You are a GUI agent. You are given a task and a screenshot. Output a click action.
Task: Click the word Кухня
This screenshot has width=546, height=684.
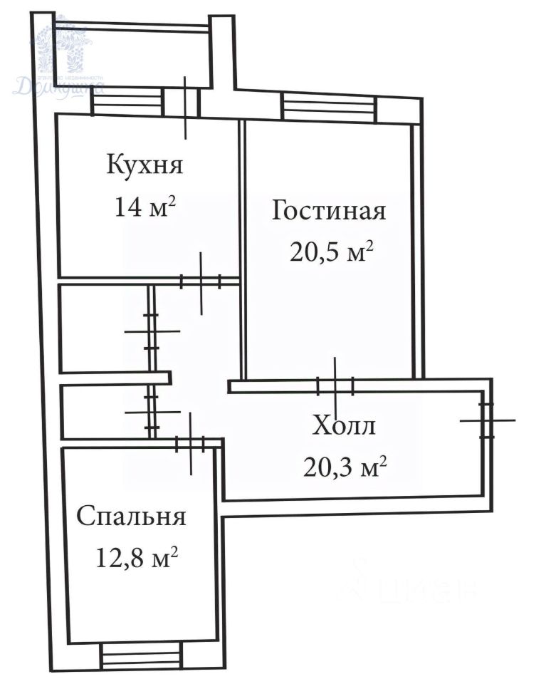tap(145, 165)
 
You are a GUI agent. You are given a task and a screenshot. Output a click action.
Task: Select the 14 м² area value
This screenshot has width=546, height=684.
tap(145, 207)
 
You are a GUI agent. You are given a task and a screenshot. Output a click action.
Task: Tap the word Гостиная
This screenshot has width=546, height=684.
tap(329, 211)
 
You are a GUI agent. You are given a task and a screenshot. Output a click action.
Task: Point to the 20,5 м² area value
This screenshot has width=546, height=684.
tap(332, 252)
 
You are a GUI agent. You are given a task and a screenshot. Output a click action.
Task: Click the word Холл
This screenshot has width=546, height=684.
tap(344, 427)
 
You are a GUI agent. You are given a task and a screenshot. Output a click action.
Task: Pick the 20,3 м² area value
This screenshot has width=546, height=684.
tap(345, 467)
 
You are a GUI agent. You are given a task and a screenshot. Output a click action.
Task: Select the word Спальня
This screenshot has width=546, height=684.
tap(131, 516)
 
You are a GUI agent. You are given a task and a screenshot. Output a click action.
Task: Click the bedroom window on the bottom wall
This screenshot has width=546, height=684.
tap(141, 655)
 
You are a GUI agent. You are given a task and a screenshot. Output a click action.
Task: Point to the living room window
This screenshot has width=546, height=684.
tap(328, 108)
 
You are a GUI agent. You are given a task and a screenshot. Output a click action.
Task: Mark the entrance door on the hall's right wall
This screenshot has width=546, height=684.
tap(486, 420)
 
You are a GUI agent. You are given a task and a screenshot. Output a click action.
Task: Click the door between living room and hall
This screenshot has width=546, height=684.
tap(335, 386)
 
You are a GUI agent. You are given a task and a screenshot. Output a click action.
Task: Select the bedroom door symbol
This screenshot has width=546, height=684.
tap(191, 444)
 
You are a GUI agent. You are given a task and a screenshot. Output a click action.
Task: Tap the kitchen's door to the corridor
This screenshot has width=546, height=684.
tap(201, 282)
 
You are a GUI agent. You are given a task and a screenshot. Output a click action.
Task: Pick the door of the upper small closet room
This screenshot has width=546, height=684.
tap(151, 331)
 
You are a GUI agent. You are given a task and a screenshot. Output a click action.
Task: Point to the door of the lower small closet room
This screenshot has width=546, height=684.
tap(151, 412)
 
